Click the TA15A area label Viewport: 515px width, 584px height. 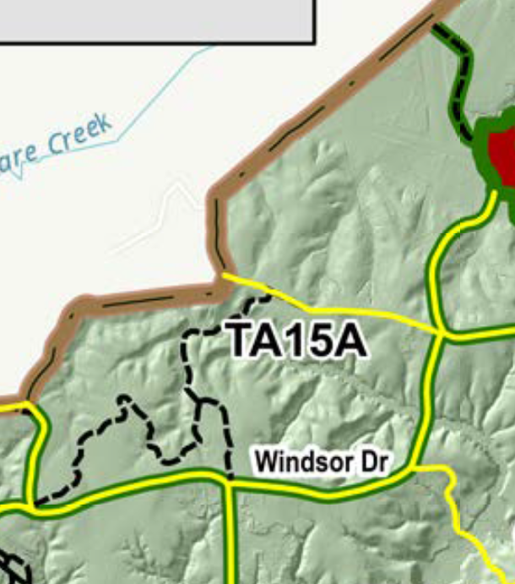tap(298, 340)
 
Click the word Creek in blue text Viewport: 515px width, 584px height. tap(79, 138)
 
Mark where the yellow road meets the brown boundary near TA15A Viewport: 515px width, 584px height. tap(223, 275)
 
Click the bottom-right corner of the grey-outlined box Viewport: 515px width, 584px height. tap(315, 41)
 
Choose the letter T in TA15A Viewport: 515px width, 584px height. tap(241, 340)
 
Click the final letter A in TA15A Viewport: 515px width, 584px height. tap(353, 340)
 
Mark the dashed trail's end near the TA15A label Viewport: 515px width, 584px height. tap(270, 297)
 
